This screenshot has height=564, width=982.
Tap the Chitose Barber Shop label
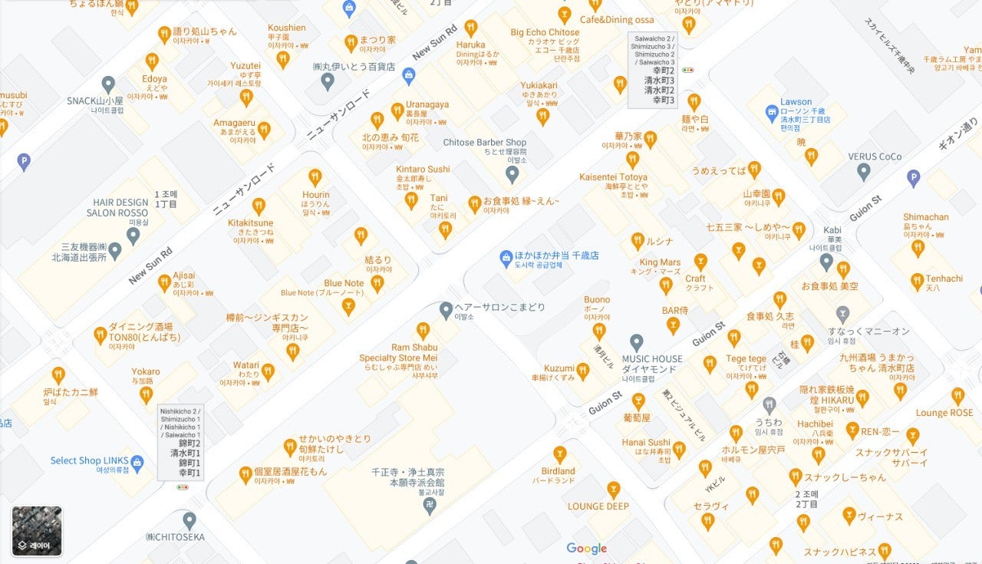click(x=485, y=142)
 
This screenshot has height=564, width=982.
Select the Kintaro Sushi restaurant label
click(x=423, y=169)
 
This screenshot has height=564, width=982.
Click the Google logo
click(x=587, y=548)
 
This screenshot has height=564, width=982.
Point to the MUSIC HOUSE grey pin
click(x=636, y=342)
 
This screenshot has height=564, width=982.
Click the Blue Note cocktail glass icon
click(x=348, y=307)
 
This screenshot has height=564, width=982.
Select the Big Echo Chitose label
click(x=545, y=33)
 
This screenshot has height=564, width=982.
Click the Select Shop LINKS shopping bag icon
click(x=137, y=462)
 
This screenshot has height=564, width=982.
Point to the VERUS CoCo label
click(x=875, y=157)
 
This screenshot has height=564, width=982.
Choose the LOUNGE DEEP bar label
click(x=598, y=506)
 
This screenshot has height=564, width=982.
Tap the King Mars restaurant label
click(x=660, y=262)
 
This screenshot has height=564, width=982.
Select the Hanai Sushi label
click(x=646, y=442)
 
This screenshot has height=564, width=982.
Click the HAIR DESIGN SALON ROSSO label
click(x=117, y=207)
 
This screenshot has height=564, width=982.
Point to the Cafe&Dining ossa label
click(x=617, y=19)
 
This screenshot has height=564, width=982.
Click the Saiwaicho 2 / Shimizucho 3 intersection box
click(x=653, y=70)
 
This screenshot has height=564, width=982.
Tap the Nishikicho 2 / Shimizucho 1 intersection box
click(x=180, y=443)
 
